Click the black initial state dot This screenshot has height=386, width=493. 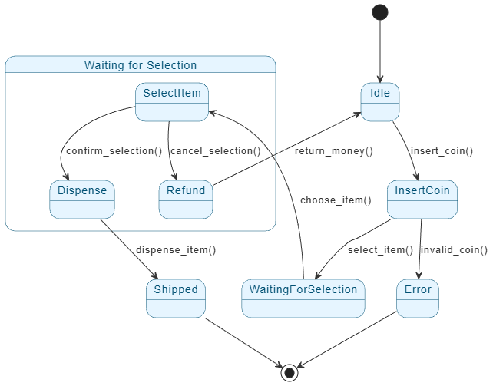pyautogui.click(x=379, y=12)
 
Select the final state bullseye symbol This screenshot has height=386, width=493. pyautogui.click(x=290, y=373)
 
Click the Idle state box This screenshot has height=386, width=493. pyautogui.click(x=380, y=102)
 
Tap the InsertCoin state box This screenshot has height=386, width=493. pyautogui.click(x=422, y=199)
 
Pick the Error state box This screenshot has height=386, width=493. pyautogui.click(x=418, y=298)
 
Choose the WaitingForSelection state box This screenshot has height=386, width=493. pyautogui.click(x=303, y=298)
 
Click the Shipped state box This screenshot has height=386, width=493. pyautogui.click(x=176, y=298)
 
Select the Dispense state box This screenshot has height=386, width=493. pyautogui.click(x=82, y=199)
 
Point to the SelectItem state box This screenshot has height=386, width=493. pyautogui.click(x=173, y=102)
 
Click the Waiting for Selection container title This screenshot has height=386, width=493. pyautogui.click(x=140, y=65)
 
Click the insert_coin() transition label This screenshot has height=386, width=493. pyautogui.click(x=443, y=150)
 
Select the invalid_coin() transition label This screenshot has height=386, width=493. pyautogui.click(x=453, y=249)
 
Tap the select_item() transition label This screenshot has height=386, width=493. pyautogui.click(x=380, y=249)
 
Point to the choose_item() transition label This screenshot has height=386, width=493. pyautogui.click(x=336, y=200)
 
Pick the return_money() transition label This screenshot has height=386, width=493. pyautogui.click(x=334, y=150)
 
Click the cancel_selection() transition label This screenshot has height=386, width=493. pyautogui.click(x=214, y=150)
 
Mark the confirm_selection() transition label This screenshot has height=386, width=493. pyautogui.click(x=110, y=150)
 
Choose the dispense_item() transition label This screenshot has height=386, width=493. pyautogui.click(x=176, y=249)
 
